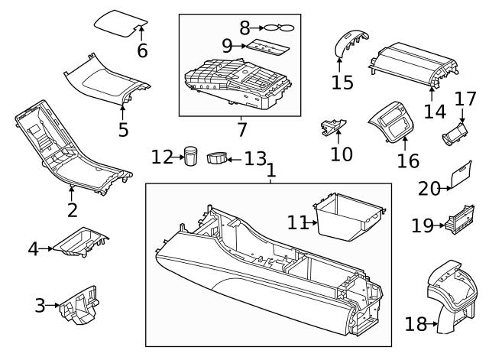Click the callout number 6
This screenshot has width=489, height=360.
(x=142, y=52)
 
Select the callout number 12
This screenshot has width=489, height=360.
(x=162, y=157)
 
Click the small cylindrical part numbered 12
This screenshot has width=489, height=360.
(x=190, y=156)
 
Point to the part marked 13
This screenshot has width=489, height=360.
(x=219, y=157)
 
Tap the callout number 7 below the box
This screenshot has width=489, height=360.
(x=241, y=130)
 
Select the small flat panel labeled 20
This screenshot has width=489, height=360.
(x=461, y=176)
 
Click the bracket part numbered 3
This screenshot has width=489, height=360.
(x=80, y=306)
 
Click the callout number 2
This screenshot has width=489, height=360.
(x=73, y=210)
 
